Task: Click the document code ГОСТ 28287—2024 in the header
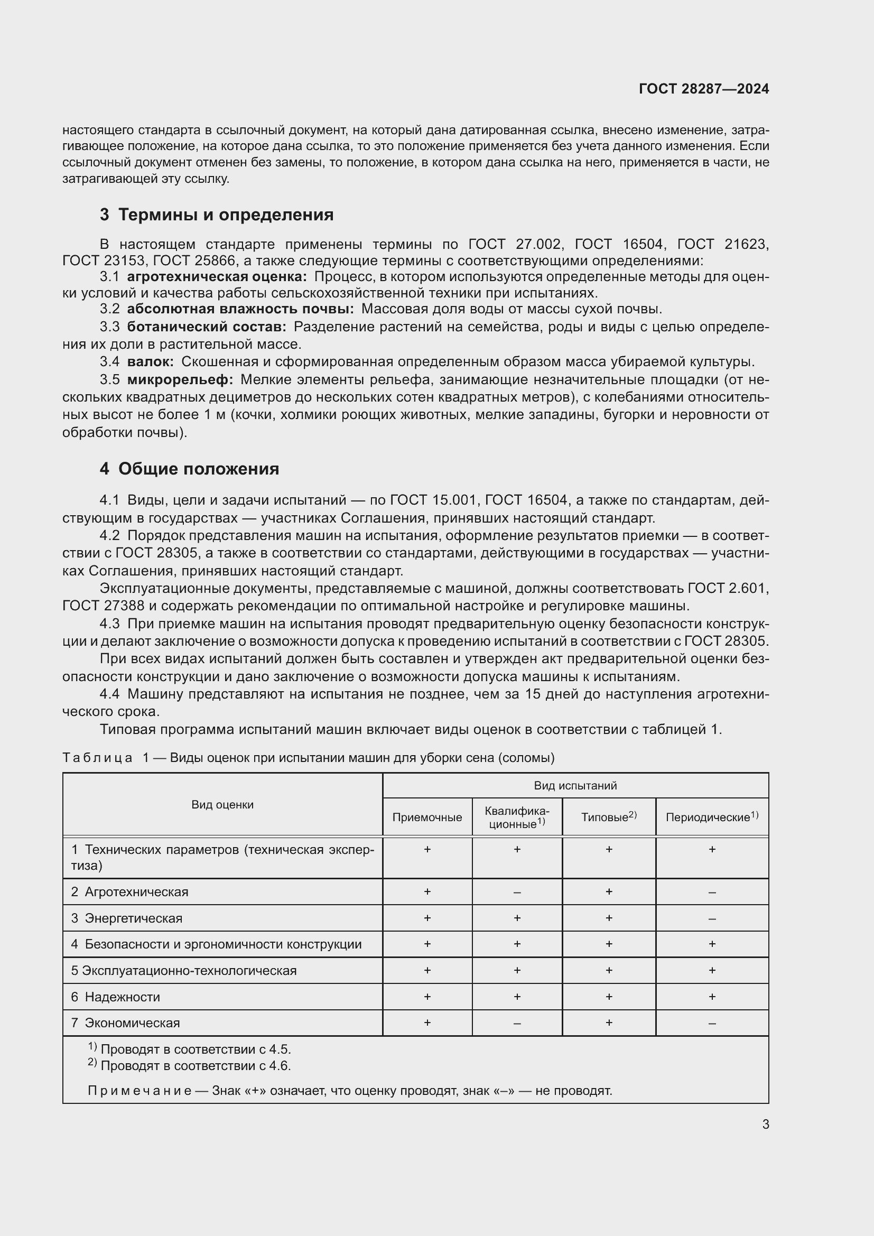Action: click(703, 89)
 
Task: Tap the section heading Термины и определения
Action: click(226, 215)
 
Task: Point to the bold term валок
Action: click(150, 362)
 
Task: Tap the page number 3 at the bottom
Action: click(765, 1124)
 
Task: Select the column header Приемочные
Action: click(427, 817)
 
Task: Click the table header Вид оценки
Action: click(222, 805)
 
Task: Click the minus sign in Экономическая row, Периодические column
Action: click(711, 1023)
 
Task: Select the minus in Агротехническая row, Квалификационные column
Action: click(517, 892)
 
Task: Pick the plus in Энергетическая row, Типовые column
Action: click(609, 918)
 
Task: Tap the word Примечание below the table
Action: click(140, 1091)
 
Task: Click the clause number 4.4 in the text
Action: click(109, 694)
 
